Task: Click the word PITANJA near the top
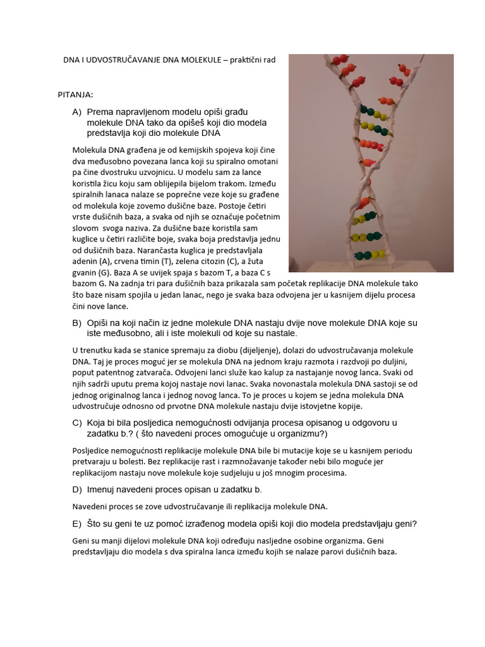click(75, 95)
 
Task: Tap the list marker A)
click(77, 112)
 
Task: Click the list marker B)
click(77, 323)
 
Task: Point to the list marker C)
click(77, 423)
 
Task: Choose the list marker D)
click(77, 490)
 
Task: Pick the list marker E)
click(77, 523)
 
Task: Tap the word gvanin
click(86, 272)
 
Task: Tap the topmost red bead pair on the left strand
click(339, 61)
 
